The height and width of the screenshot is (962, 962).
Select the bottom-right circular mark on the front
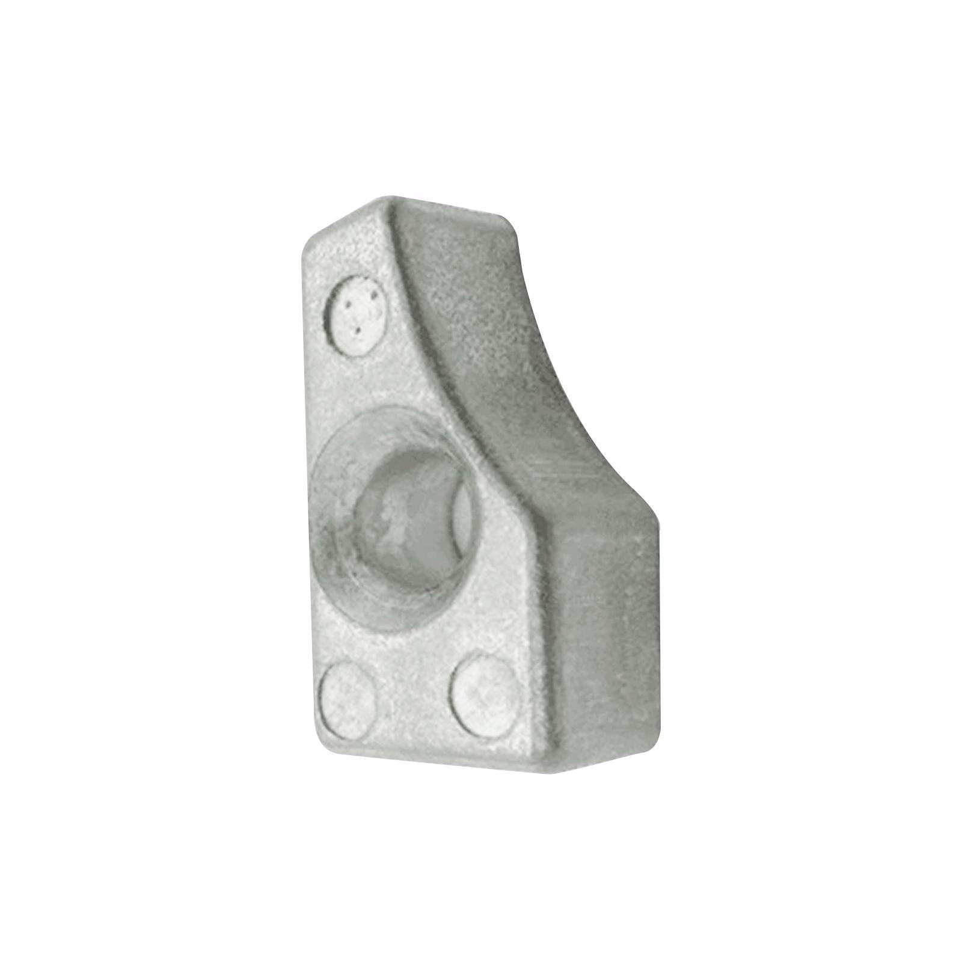486,696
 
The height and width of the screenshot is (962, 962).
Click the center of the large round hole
409,517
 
